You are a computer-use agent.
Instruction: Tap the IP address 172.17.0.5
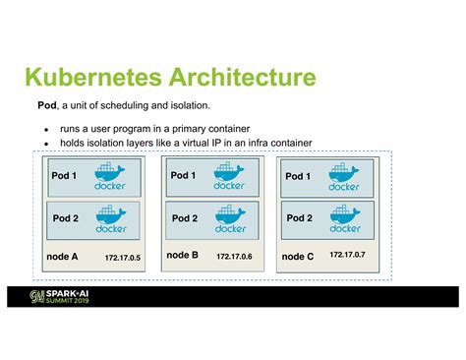click(123, 257)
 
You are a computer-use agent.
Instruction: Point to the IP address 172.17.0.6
click(234, 256)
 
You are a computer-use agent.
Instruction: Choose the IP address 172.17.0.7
click(347, 255)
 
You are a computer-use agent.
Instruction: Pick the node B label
click(183, 255)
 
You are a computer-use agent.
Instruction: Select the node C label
click(297, 256)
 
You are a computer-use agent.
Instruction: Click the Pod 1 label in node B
click(184, 176)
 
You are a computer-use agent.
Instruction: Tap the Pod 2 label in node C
click(299, 217)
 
